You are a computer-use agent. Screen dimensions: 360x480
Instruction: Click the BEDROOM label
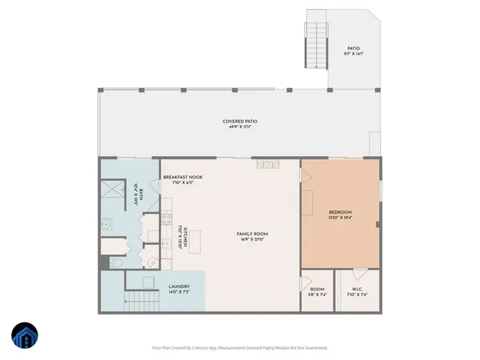tap(340, 212)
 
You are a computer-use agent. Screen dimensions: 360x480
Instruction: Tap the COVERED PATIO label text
tap(241, 121)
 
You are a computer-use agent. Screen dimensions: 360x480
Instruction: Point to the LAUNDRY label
tap(178, 286)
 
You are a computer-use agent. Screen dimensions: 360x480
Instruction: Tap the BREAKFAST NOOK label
tap(183, 177)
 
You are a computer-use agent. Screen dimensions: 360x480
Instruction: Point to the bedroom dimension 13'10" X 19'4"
tap(340, 217)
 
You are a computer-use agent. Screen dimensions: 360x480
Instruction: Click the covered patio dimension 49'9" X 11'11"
tap(241, 127)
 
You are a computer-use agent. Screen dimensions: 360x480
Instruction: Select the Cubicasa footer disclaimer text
tap(240, 347)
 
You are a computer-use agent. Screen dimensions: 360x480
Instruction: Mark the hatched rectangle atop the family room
tap(266, 163)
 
